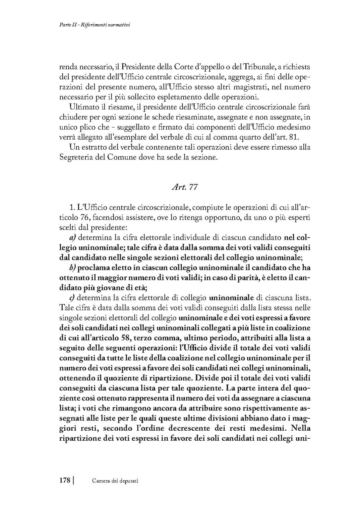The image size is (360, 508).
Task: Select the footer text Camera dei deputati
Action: [x=115, y=481]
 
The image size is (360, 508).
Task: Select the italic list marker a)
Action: [x=73, y=238]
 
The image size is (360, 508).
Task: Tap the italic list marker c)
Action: [x=72, y=297]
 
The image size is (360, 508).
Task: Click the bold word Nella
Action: [x=301, y=428]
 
